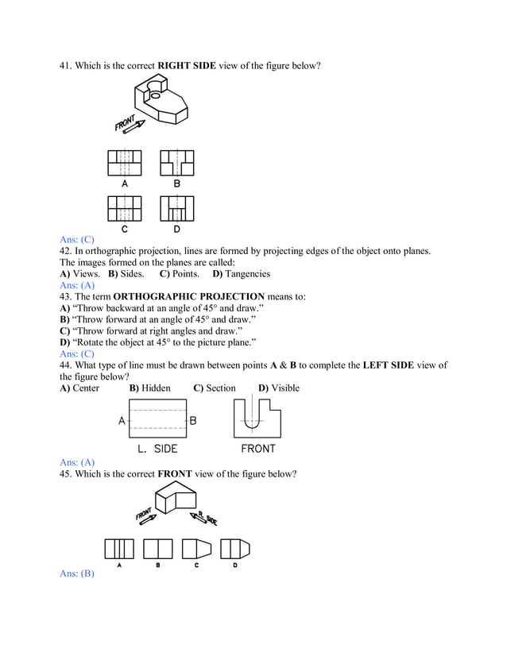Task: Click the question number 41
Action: (x=66, y=64)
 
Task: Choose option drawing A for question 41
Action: (x=124, y=164)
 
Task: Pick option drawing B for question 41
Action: (x=176, y=164)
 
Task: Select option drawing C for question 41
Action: (x=124, y=209)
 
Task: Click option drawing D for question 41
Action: (x=176, y=209)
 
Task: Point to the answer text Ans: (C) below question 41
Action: (x=77, y=239)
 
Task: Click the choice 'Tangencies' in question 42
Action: (x=248, y=273)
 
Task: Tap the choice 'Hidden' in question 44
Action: (x=156, y=388)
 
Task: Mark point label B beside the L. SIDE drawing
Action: (x=193, y=420)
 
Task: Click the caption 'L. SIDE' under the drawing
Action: (x=157, y=449)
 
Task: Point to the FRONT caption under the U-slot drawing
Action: (x=257, y=449)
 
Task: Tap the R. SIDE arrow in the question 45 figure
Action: (x=203, y=517)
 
